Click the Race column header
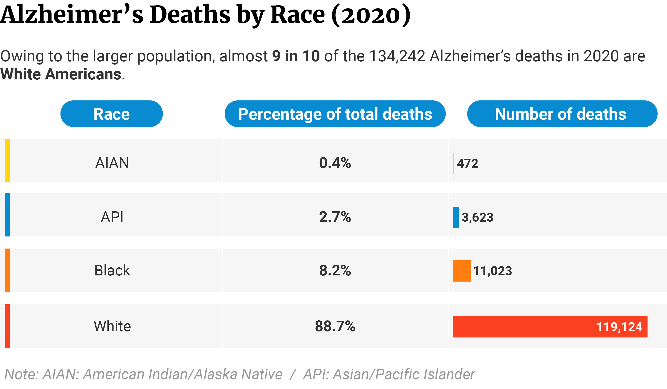click(x=111, y=114)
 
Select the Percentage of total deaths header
click(x=335, y=114)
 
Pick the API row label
click(x=112, y=217)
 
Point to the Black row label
click(x=112, y=271)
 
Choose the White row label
click(x=112, y=326)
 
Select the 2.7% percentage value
click(x=335, y=217)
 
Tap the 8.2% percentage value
click(x=335, y=271)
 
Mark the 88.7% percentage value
click(x=335, y=326)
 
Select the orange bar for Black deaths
click(x=462, y=271)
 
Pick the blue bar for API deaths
click(x=456, y=217)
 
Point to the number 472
click(x=467, y=164)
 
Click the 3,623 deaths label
click(x=477, y=217)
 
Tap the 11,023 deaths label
click(x=493, y=271)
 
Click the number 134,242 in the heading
click(x=397, y=56)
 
